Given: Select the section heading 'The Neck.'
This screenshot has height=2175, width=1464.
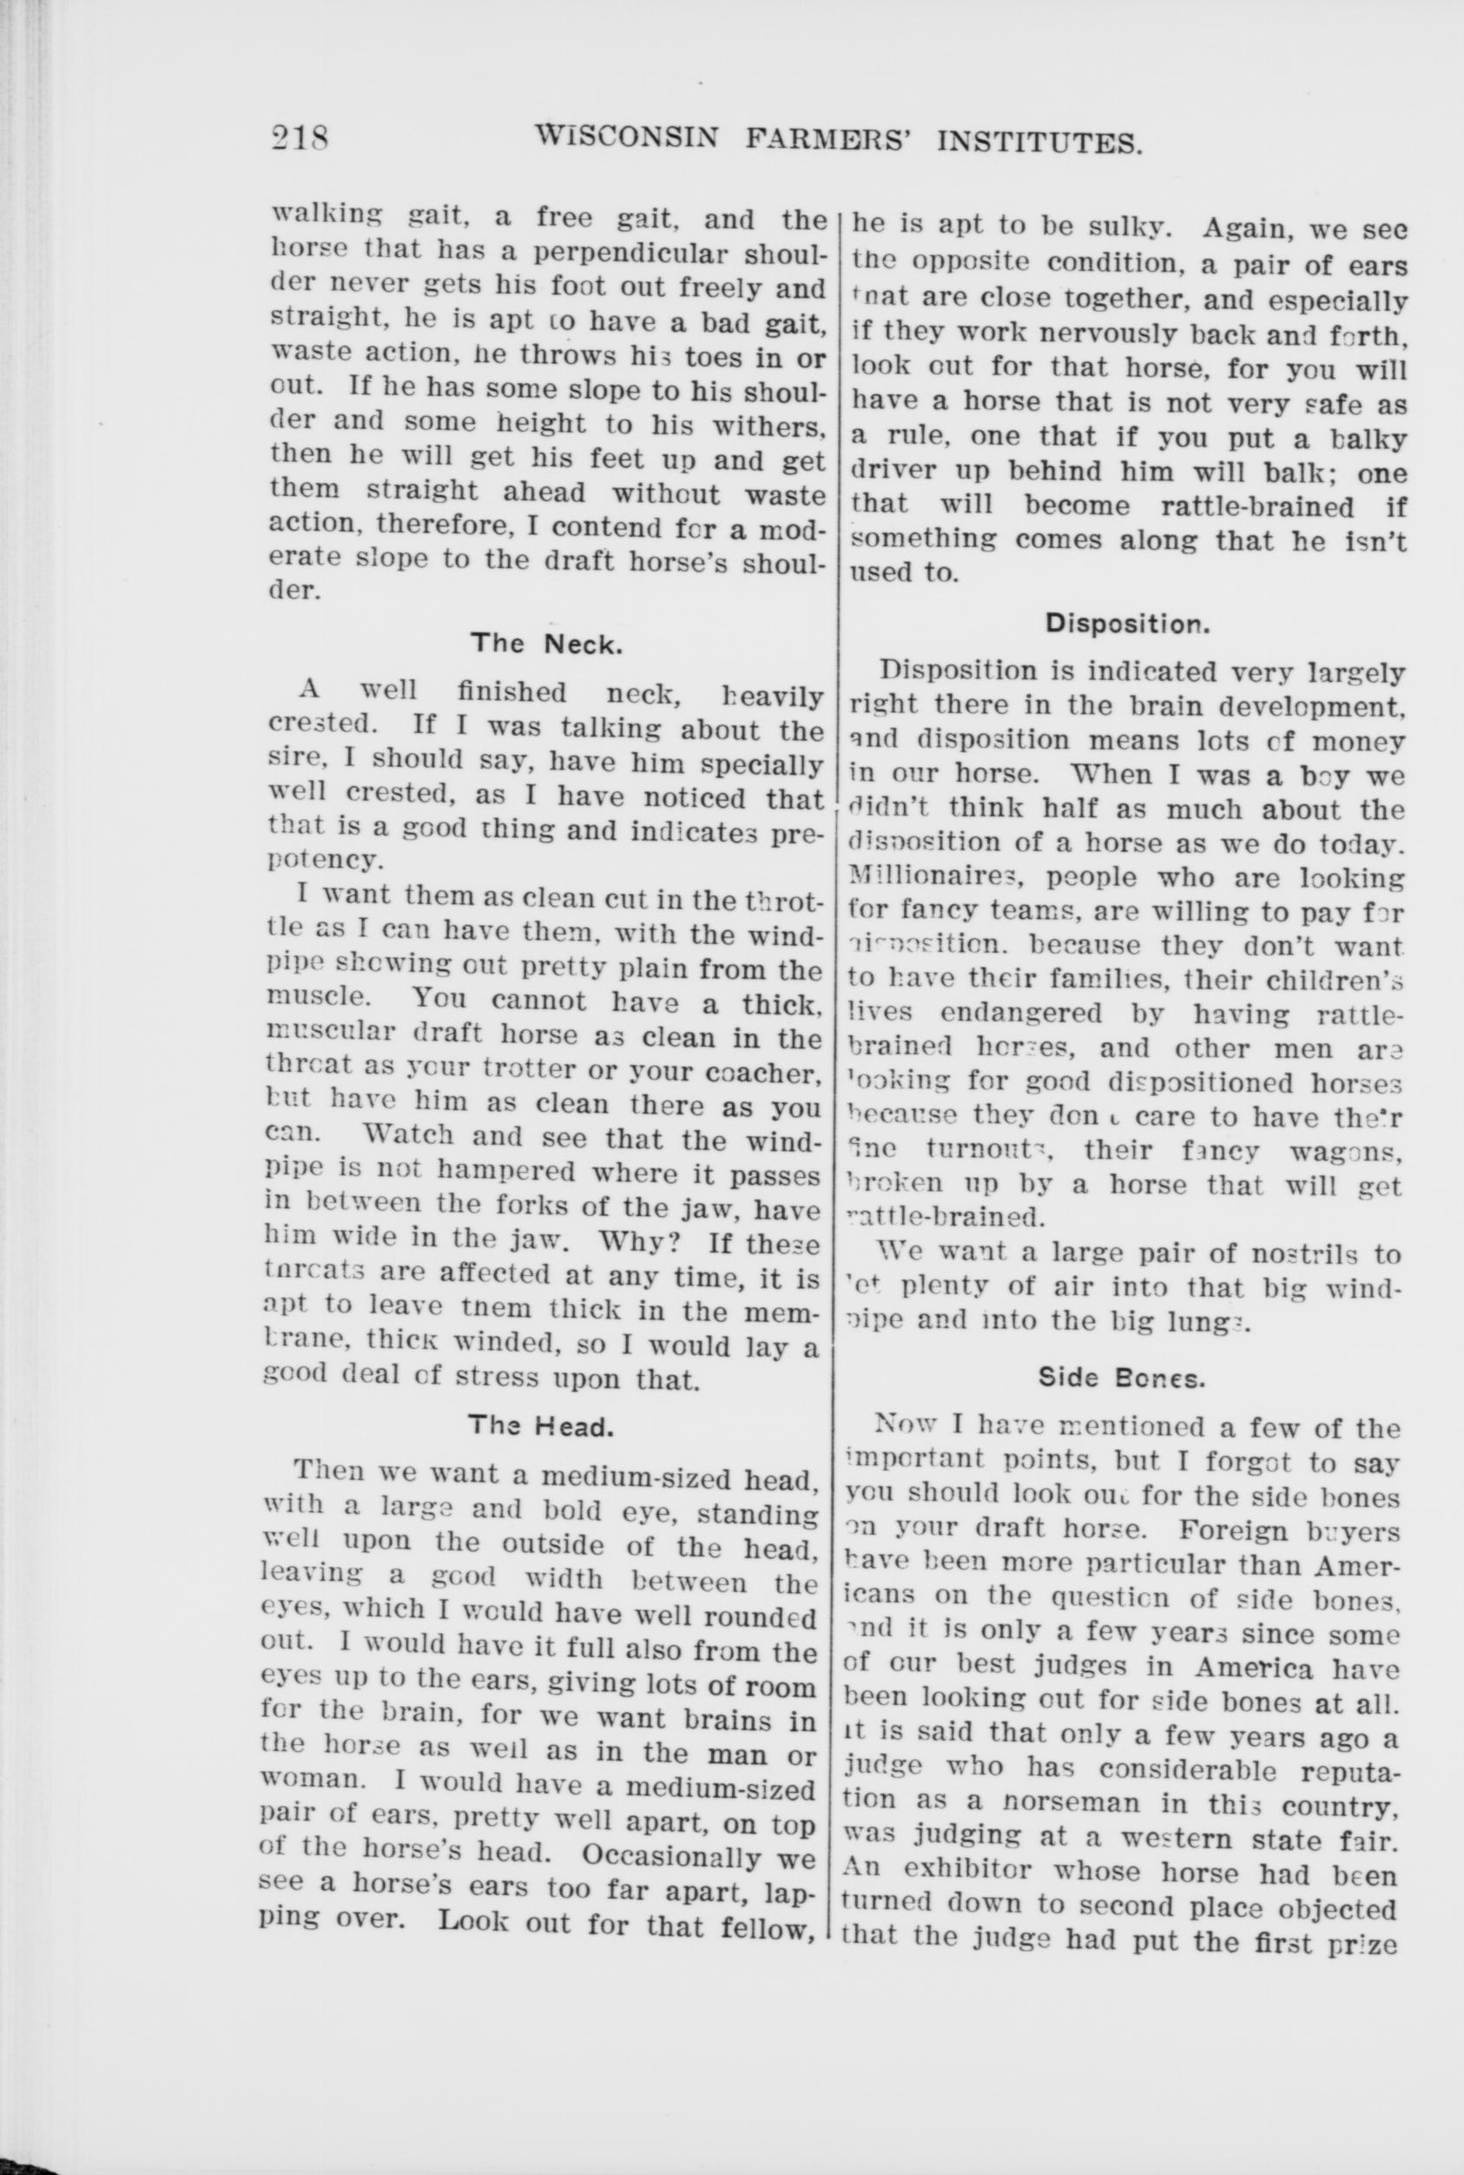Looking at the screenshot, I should pyautogui.click(x=545, y=643).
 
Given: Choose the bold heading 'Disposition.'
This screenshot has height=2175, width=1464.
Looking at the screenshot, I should pyautogui.click(x=1126, y=623).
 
